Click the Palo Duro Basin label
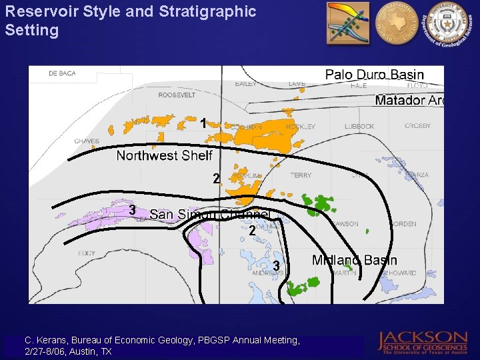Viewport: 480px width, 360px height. tap(374, 74)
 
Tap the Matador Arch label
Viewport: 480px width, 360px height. tap(409, 101)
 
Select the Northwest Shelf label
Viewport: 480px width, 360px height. tap(164, 155)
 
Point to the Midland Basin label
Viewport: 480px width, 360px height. tap(354, 260)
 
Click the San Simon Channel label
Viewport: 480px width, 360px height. tap(209, 214)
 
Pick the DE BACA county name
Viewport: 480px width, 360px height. tap(62, 74)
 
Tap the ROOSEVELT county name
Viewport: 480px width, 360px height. tap(177, 95)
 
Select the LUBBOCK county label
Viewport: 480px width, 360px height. tap(359, 126)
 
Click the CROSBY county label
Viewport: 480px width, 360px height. tap(417, 126)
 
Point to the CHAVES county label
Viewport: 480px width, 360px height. tap(87, 141)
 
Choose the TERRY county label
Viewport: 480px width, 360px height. tap(301, 175)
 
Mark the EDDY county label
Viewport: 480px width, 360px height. tap(86, 253)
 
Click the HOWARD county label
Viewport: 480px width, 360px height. tap(403, 273)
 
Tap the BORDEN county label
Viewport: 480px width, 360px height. tap(403, 224)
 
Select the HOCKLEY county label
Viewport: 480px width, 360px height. tap(301, 126)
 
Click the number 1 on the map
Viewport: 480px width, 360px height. tap(203, 123)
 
